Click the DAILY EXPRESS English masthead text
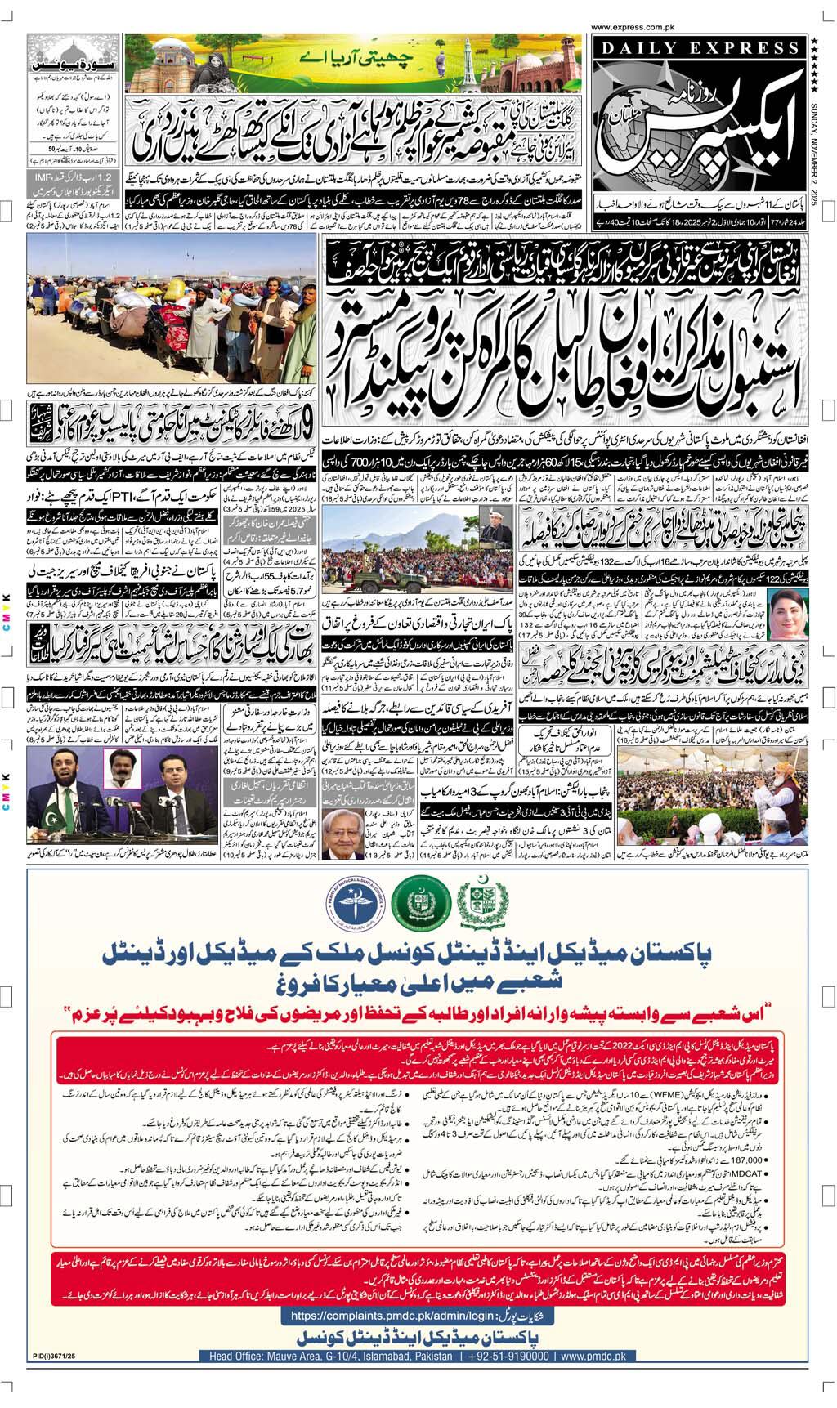click(x=696, y=50)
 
